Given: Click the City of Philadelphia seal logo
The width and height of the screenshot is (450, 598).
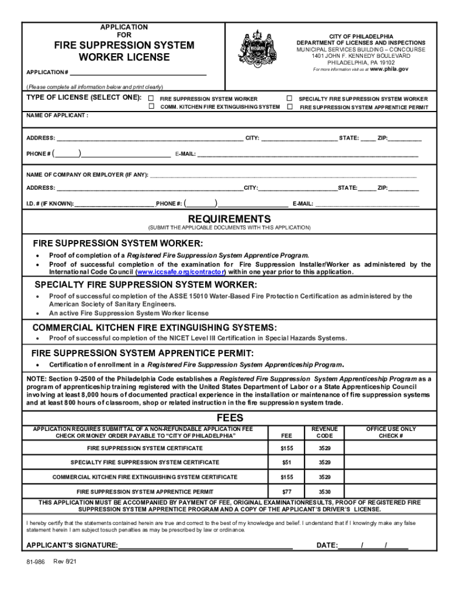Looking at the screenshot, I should tap(257, 48).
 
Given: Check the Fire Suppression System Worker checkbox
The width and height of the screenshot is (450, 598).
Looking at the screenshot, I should tap(151, 99).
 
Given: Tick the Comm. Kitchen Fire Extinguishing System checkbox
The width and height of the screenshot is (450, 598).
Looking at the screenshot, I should tap(151, 107).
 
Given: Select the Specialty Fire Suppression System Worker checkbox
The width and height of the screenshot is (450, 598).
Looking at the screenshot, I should tap(290, 99).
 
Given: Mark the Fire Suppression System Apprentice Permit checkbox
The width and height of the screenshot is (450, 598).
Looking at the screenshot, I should tap(290, 107).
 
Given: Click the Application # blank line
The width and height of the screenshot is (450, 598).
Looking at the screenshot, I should tap(138, 72).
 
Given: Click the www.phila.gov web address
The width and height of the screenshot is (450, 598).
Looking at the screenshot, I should tap(390, 69).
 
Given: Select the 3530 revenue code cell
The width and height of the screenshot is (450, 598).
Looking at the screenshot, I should tap(324, 492).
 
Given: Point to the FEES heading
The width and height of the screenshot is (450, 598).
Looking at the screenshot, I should tap(230, 418).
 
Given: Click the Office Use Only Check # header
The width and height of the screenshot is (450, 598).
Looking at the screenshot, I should tap(391, 432).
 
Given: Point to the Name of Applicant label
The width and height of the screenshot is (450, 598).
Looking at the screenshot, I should tap(57, 115).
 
